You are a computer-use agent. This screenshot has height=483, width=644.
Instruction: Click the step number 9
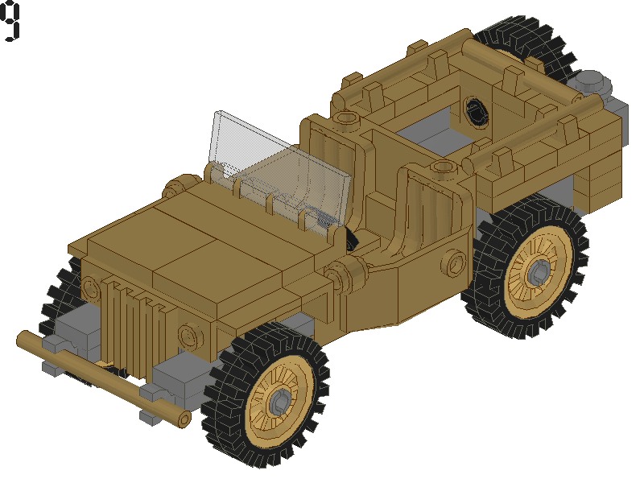(10, 22)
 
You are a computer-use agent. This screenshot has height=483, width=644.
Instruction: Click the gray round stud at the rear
(592, 80)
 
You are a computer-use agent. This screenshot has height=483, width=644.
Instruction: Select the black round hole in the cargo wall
(477, 110)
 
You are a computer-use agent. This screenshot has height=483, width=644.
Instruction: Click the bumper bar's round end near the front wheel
(183, 419)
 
